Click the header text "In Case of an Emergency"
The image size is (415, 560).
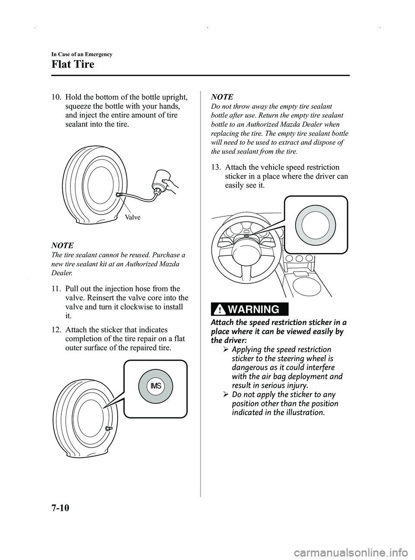(82, 54)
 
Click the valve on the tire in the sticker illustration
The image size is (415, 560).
(109, 428)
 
